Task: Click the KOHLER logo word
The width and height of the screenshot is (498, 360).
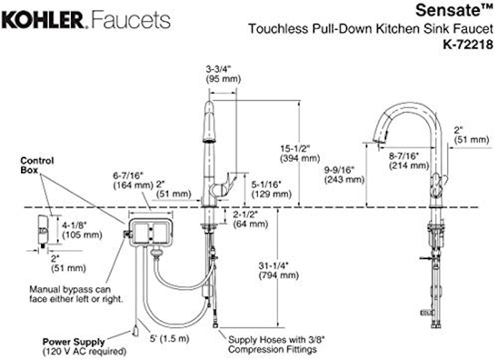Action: (42, 20)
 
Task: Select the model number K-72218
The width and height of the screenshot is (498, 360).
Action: (469, 44)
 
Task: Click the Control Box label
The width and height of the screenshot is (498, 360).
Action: (37, 165)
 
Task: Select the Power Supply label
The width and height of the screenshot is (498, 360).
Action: (73, 342)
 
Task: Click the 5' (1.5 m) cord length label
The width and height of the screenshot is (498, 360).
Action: (169, 338)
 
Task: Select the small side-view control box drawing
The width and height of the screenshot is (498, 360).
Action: (43, 230)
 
